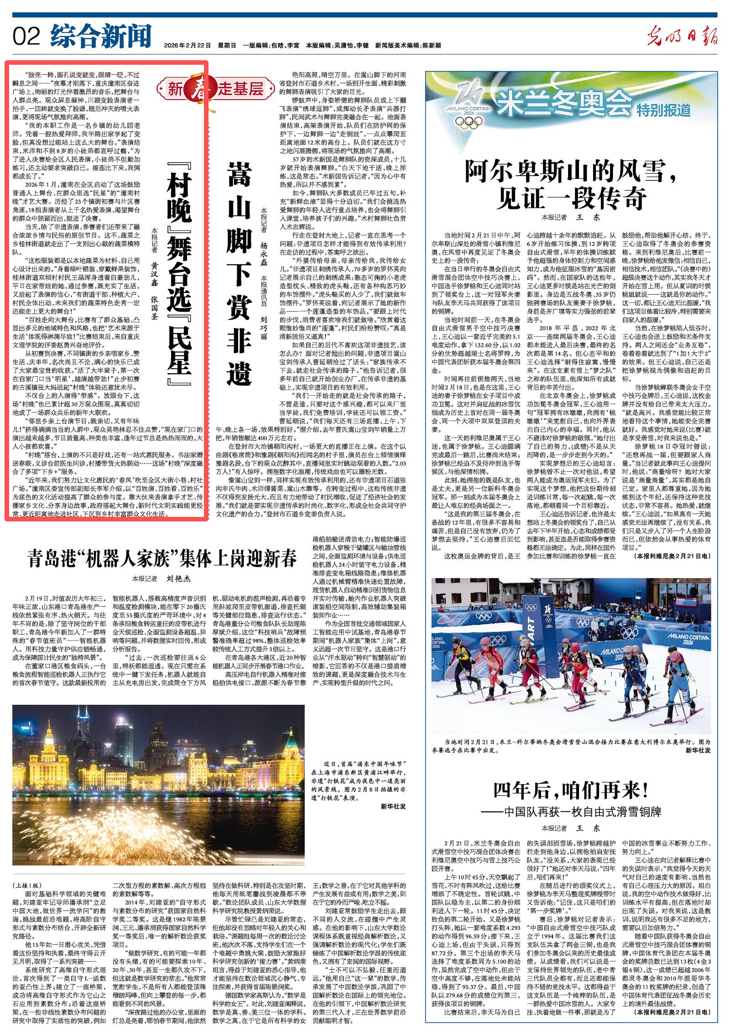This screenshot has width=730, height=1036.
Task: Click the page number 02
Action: [x=26, y=36]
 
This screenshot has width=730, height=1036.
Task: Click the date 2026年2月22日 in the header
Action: [x=187, y=46]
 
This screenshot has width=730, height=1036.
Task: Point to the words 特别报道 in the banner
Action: [x=664, y=109]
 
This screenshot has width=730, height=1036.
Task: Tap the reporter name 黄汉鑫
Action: [x=155, y=274]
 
